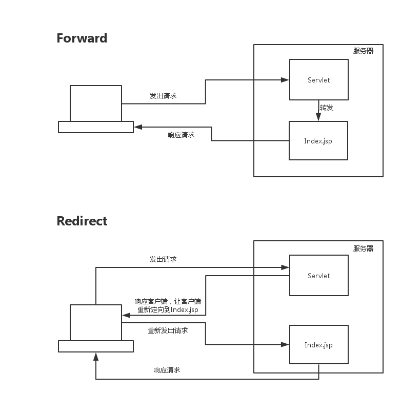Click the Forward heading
[82, 38]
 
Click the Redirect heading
[82, 221]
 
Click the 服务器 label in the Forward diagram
[363, 51]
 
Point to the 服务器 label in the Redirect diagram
[363, 248]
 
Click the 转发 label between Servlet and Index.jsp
[327, 108]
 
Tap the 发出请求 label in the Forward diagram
[163, 96]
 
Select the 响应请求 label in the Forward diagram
[181, 135]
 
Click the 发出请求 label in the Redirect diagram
[163, 259]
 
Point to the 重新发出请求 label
[168, 330]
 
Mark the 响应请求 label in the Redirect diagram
[167, 370]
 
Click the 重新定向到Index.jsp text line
[168, 309]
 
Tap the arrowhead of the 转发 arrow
[318, 116]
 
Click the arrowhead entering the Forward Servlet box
[285, 80]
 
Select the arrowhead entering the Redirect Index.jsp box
[285, 344]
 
